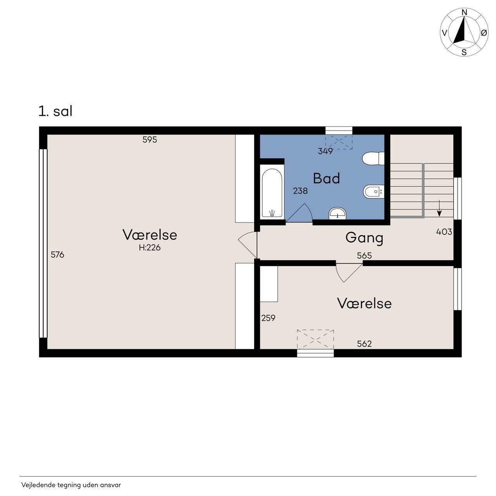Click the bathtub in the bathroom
272,192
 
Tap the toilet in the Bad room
373,158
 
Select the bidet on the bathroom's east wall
374,192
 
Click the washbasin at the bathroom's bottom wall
338,214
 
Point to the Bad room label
326,178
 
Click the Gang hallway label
364,238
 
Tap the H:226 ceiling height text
150,247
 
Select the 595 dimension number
150,139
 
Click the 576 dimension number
57,255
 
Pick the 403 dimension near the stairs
444,232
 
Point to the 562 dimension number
364,344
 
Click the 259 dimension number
268,318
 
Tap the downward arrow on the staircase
439,208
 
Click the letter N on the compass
464,12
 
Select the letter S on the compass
464,52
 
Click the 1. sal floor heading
55,111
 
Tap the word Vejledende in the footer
38,485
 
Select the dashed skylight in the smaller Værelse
315,339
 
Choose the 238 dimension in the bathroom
300,191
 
